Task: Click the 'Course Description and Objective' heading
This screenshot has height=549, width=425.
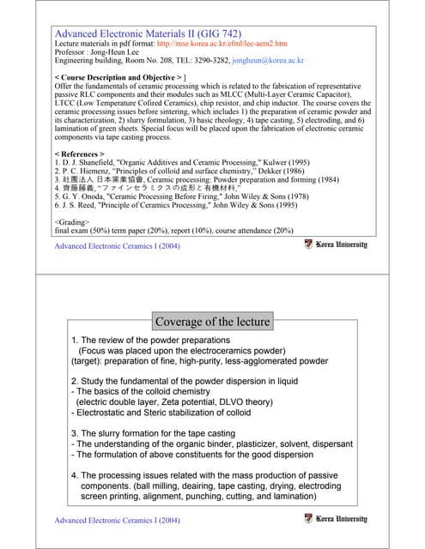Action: [119, 78]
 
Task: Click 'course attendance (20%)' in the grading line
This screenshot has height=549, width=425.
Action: [260, 230]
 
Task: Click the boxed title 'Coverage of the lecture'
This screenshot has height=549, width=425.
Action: [212, 322]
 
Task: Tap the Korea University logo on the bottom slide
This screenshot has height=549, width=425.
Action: [336, 519]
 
